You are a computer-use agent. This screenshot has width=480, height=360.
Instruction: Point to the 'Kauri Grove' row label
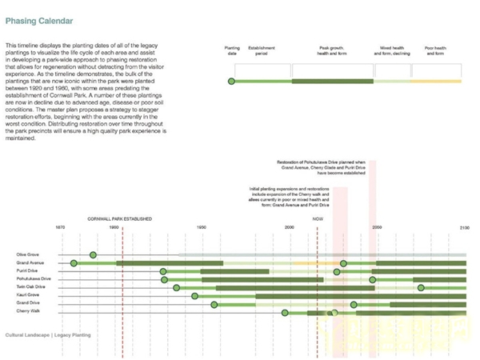tap(27, 295)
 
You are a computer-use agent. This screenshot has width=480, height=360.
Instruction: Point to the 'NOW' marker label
tap(318, 218)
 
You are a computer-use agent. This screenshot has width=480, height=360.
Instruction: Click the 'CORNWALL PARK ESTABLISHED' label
tap(120, 218)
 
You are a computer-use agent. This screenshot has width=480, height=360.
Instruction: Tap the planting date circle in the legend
tap(231, 82)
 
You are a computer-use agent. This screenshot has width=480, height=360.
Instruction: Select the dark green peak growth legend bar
tap(332, 82)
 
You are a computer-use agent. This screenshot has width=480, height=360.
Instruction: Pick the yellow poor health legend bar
tap(437, 82)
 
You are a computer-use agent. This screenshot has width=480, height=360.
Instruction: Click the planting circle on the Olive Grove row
tap(93, 254)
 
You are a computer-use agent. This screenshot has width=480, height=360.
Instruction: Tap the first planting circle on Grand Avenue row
tap(74, 262)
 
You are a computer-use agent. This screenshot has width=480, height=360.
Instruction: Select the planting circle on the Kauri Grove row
tap(194, 295)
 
